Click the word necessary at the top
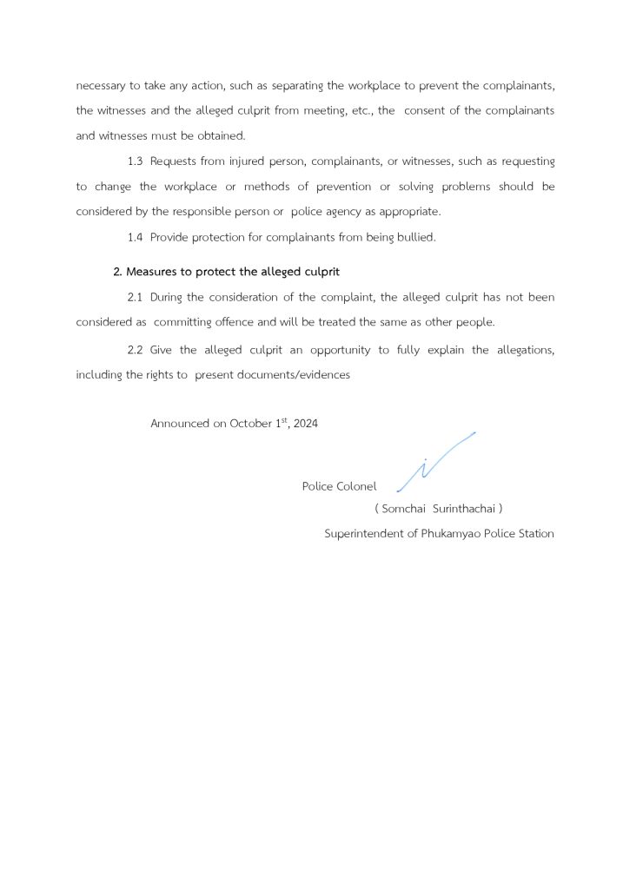click(x=102, y=87)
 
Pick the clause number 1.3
click(x=135, y=161)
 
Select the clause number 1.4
click(x=135, y=237)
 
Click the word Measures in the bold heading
click(x=152, y=272)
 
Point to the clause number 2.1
click(x=135, y=297)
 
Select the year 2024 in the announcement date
click(x=306, y=424)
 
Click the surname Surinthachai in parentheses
click(x=463, y=508)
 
